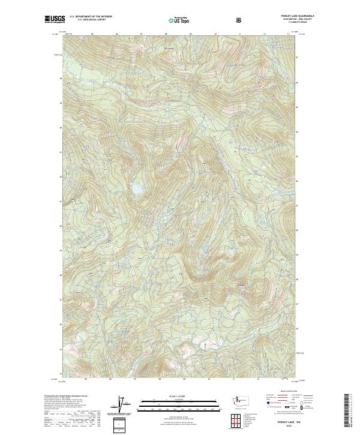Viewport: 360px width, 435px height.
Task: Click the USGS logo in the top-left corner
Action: [55, 20]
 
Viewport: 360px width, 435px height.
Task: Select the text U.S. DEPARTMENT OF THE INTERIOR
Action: [91, 17]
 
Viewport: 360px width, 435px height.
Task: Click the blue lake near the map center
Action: [137, 189]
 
